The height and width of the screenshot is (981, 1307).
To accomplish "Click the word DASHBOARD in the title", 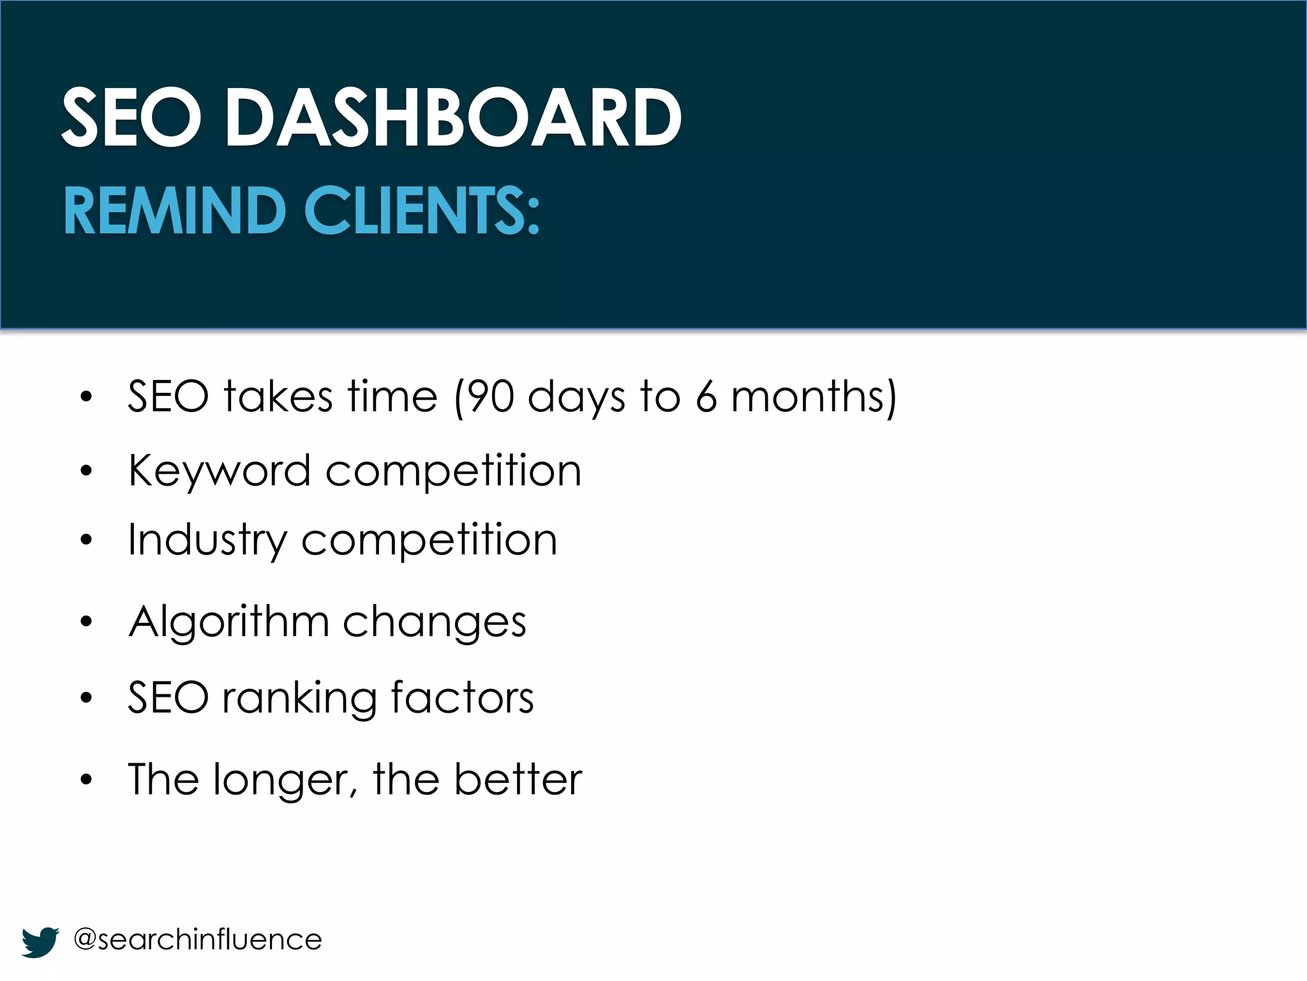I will pos(453,118).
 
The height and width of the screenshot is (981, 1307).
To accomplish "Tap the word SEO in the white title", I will pos(131,118).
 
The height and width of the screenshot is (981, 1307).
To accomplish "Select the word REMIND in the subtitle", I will pos(174,211).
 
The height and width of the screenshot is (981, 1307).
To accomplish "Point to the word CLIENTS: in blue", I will pos(422,211).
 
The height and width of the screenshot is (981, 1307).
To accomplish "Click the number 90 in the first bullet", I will pos(490,397).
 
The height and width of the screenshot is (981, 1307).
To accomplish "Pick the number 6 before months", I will pos(706,397).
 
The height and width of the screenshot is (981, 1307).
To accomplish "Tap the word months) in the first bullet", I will pos(814,397).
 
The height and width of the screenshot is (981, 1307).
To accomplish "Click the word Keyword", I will pos(219,471).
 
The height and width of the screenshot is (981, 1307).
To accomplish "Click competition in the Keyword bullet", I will pos(453,471).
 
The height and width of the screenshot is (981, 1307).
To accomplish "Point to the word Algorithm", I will pos(228,622).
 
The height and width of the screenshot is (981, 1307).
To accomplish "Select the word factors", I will pos(462,698).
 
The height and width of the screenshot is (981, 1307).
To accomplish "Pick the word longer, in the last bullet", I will pos(285,780).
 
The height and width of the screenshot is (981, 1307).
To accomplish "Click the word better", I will pos(518,779).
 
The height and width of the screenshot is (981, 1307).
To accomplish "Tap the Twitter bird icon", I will pos(40,941).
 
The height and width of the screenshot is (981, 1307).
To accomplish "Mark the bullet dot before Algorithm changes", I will pos(87,622).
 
